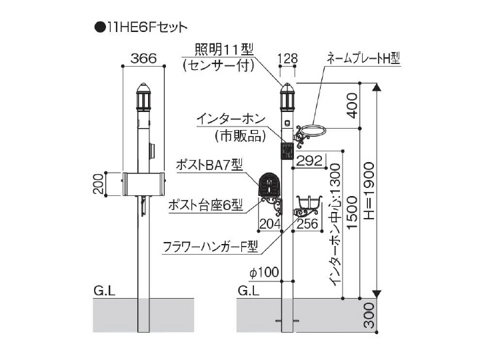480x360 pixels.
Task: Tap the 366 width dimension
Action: click(143, 58)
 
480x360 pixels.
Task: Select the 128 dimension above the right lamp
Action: click(288, 59)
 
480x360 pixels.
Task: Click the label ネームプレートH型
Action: click(363, 58)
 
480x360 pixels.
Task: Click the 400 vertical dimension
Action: click(353, 105)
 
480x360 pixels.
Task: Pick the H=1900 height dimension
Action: click(369, 191)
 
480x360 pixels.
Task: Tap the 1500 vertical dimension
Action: click(353, 212)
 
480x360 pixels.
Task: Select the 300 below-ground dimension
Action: click(370, 315)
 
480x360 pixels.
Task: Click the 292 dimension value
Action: click(310, 161)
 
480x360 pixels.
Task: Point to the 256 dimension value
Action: click(307, 223)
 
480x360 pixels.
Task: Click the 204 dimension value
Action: click(270, 223)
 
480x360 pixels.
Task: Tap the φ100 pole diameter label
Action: click(264, 272)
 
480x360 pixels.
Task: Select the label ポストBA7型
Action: click(209, 165)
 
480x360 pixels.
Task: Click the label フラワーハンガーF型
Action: click(211, 247)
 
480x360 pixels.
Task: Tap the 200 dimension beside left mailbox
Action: click(98, 184)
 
